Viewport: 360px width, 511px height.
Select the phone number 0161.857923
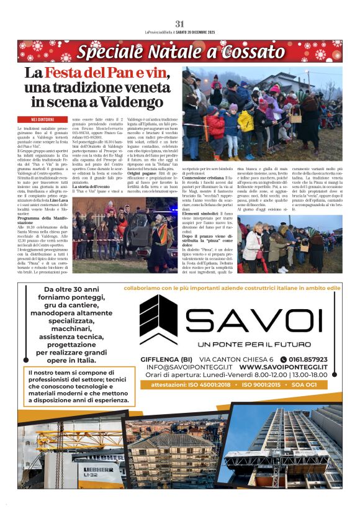tap(308, 360)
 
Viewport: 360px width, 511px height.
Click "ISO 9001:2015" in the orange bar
tap(266, 385)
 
